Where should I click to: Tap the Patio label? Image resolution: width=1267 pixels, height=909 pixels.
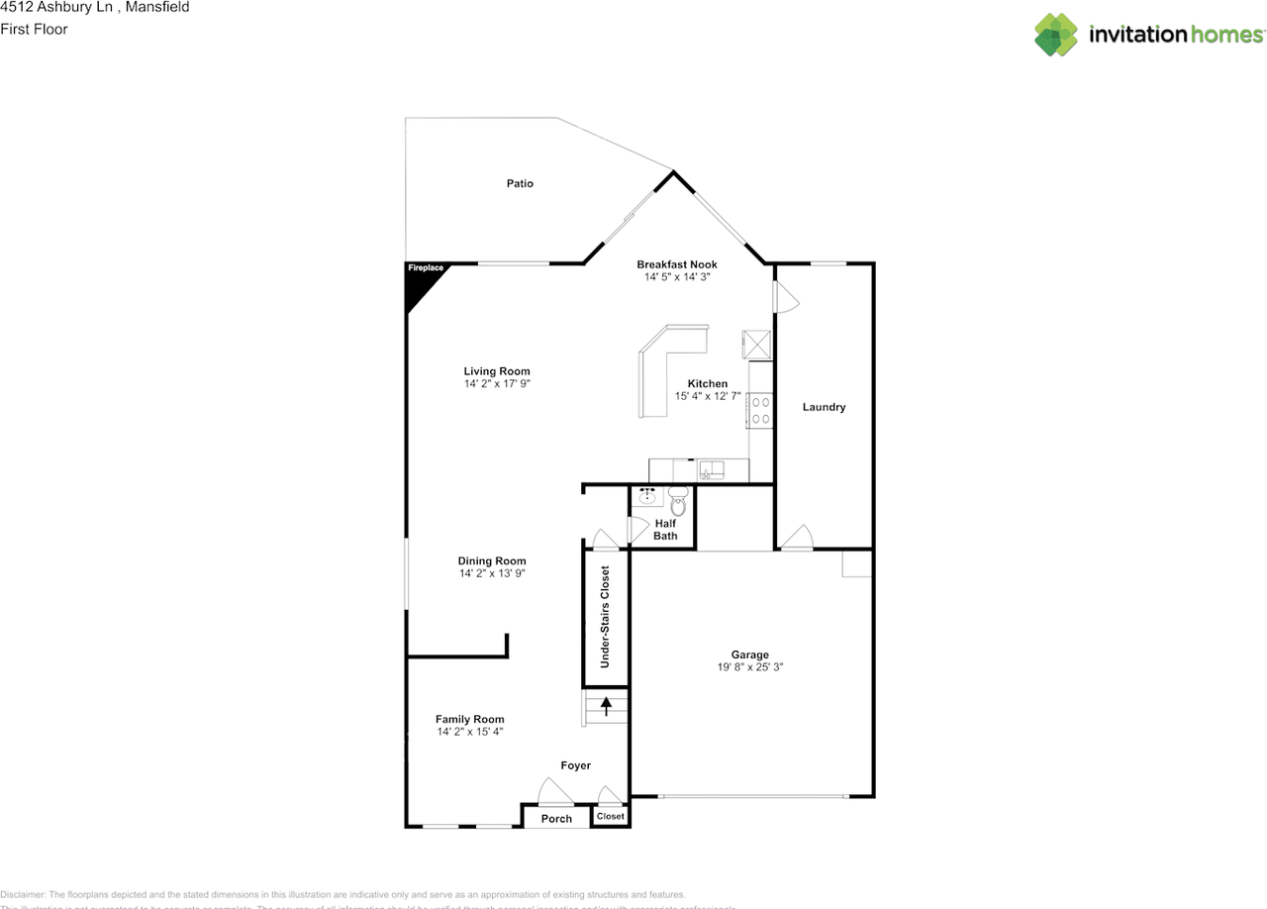click(520, 183)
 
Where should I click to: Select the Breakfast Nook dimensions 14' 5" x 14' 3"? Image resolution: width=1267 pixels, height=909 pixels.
click(677, 277)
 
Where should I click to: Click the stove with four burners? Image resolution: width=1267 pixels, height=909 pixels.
click(761, 410)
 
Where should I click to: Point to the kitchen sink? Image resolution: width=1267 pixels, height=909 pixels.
click(711, 469)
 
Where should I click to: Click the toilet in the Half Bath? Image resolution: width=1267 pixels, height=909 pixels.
click(678, 501)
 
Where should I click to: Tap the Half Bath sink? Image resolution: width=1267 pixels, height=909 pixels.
click(647, 496)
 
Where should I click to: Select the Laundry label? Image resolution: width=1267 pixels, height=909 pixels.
click(824, 407)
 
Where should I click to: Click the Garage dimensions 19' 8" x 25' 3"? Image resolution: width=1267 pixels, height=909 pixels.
click(750, 667)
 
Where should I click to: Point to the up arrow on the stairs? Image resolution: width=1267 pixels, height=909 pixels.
click(606, 706)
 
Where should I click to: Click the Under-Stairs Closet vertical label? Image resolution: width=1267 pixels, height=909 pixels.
click(605, 617)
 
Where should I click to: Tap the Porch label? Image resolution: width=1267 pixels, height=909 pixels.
click(556, 819)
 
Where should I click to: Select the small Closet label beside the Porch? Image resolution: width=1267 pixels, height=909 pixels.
click(610, 817)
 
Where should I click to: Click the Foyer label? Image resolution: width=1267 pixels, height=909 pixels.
click(575, 765)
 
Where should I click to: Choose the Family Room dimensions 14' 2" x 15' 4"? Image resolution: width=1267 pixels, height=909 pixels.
click(470, 732)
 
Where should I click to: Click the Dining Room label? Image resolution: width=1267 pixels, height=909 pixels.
click(492, 560)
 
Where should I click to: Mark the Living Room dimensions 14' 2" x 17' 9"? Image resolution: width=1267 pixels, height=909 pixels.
click(497, 383)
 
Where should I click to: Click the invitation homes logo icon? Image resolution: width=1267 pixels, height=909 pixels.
click(1056, 35)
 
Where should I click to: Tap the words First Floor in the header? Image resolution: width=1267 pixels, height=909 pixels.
click(34, 29)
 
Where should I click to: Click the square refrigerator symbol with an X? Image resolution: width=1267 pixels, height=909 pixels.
click(756, 344)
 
